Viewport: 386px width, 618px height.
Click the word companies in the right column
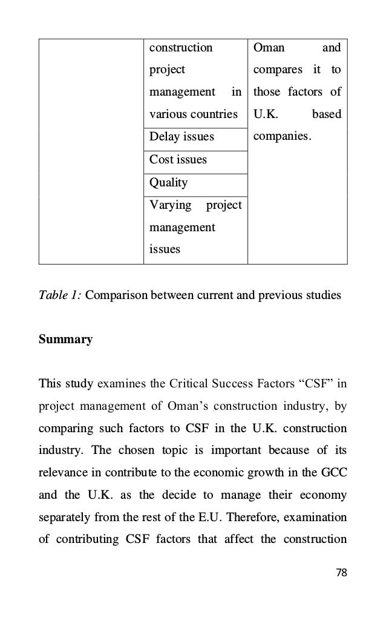(283, 137)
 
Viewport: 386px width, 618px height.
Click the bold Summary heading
(65, 340)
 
